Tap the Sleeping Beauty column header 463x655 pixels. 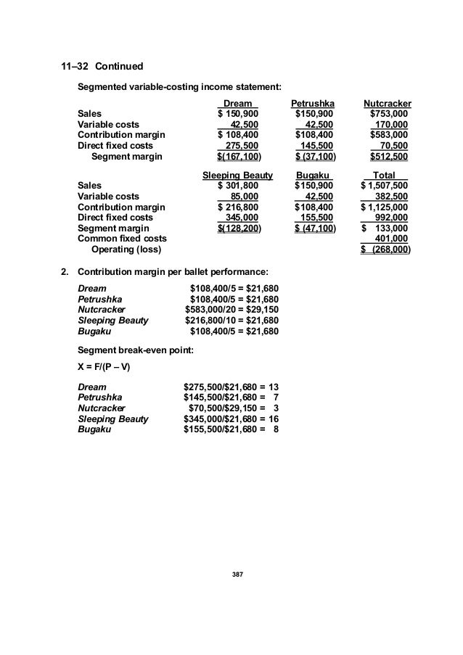tap(237, 176)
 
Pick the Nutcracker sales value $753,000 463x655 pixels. tap(389, 114)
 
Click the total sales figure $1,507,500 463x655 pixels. tap(385, 186)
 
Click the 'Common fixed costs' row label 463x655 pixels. tap(122, 239)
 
